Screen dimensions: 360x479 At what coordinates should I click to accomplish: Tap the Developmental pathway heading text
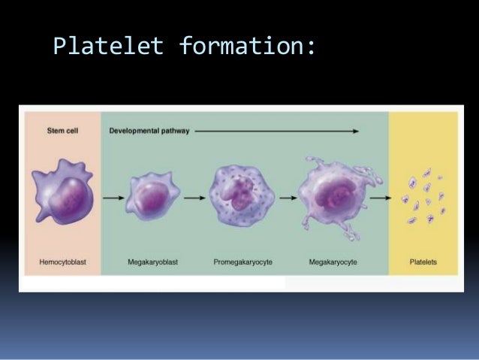click(x=147, y=129)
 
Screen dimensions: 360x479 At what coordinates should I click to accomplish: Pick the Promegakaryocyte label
click(x=241, y=263)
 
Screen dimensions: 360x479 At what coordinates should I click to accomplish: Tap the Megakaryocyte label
click(x=333, y=263)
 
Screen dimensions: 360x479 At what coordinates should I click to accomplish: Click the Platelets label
click(x=423, y=263)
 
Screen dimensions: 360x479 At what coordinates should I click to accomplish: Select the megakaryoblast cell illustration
click(x=152, y=197)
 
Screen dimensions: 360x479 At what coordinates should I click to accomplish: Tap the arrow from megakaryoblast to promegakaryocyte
click(x=194, y=198)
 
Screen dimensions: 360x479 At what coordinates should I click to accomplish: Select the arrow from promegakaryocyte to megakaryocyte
click(x=285, y=198)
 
